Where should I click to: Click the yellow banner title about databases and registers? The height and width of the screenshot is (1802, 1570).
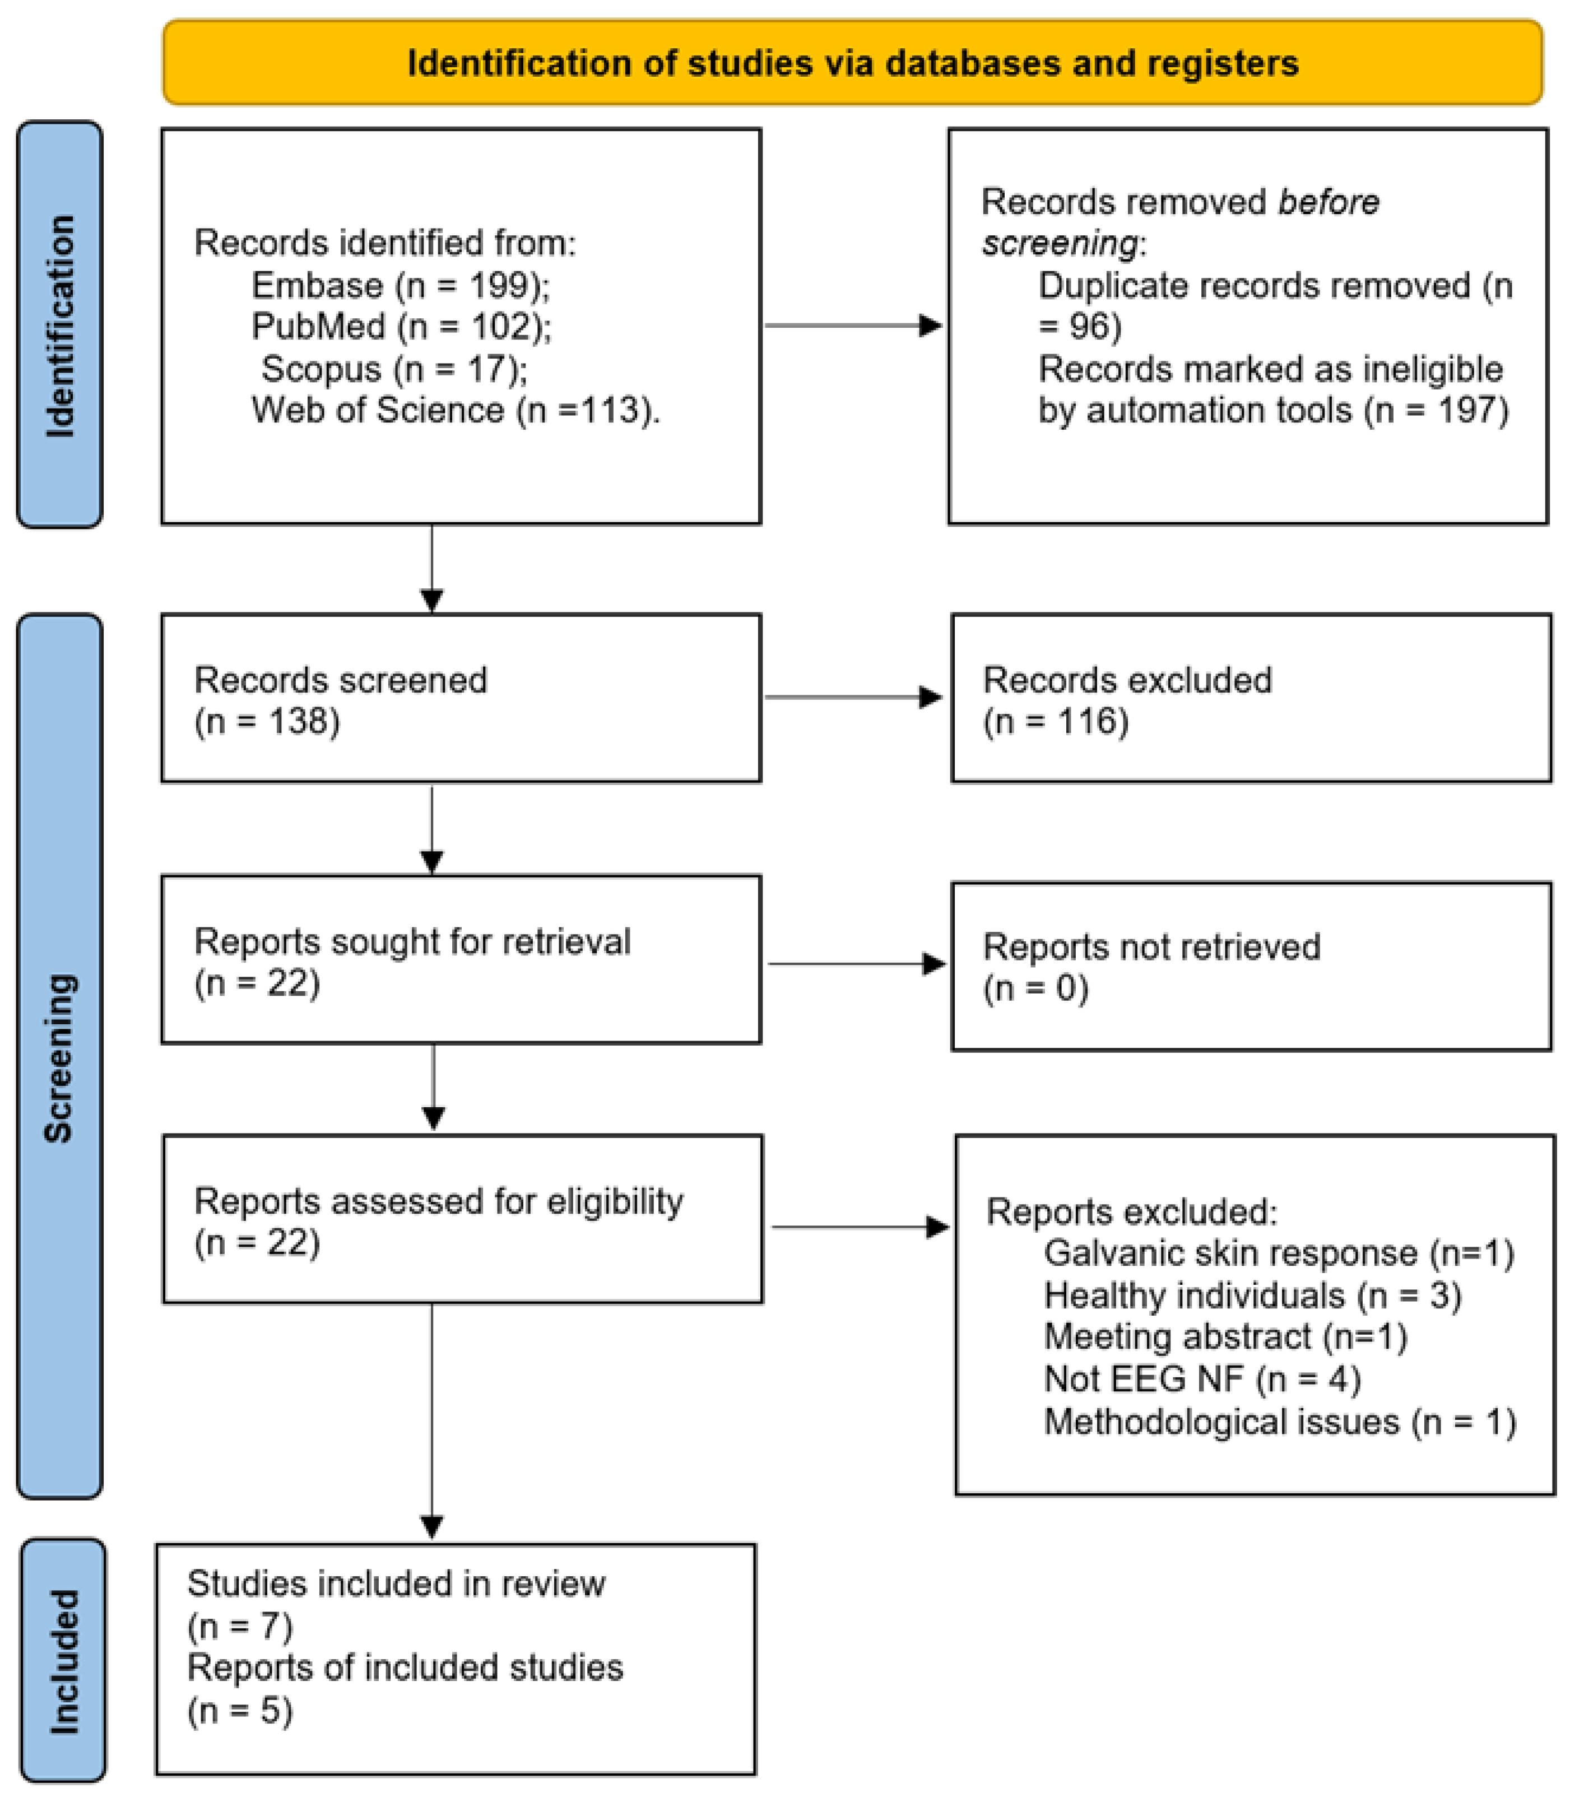click(x=852, y=63)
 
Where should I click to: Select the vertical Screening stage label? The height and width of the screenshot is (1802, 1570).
click(x=59, y=1057)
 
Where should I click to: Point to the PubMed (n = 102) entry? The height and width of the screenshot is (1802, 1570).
click(x=401, y=327)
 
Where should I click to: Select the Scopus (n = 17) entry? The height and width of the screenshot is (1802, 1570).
click(x=394, y=369)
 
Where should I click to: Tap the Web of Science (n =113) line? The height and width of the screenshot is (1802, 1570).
click(x=456, y=410)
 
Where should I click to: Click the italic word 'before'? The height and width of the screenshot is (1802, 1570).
click(x=1328, y=202)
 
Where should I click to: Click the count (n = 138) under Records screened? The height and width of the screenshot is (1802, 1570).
click(x=267, y=722)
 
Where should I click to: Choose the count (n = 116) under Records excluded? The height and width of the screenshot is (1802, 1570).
click(x=1056, y=722)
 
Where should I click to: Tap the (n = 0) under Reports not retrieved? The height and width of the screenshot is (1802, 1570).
click(x=1035, y=988)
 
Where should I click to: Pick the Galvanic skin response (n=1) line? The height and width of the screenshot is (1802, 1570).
click(x=1278, y=1253)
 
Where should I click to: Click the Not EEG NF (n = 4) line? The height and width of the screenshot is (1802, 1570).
click(x=1202, y=1380)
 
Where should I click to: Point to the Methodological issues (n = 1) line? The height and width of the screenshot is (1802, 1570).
click(x=1279, y=1422)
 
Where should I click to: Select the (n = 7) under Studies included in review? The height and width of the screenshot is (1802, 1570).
click(x=240, y=1626)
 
